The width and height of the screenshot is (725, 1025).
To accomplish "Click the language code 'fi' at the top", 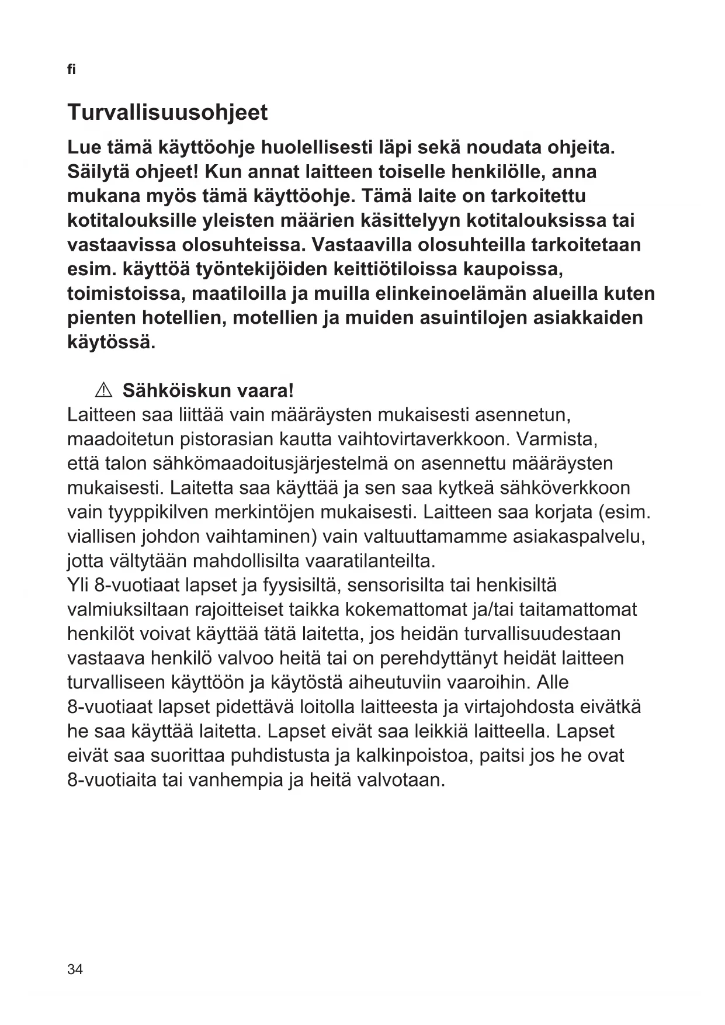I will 71,70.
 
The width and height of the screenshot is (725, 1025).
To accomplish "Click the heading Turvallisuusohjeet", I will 168,112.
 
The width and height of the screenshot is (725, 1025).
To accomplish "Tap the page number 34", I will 75,969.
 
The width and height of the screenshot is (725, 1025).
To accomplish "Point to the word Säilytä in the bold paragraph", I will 99,172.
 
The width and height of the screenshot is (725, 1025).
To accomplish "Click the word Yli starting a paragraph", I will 78,585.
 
